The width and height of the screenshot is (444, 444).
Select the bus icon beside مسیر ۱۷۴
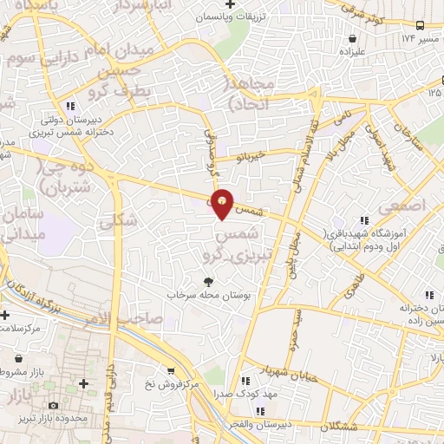point(420,26)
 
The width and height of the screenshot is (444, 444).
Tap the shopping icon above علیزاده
point(353,38)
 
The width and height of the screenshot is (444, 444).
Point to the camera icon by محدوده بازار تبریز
point(54,406)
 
